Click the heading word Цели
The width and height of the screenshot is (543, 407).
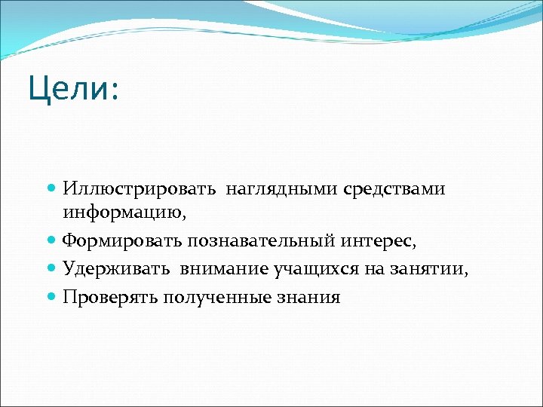pos(66,89)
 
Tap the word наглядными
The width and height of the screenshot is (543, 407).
pos(279,189)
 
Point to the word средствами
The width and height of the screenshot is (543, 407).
pos(394,189)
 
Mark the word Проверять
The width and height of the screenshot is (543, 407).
pos(110,297)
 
